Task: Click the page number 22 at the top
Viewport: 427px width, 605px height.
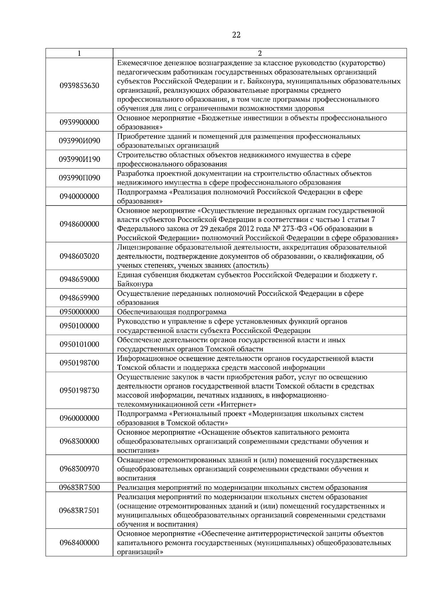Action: pos(236,35)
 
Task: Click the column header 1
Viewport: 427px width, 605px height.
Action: pos(79,53)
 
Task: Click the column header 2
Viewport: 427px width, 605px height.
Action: pos(260,53)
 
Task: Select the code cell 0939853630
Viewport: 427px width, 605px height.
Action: pos(79,86)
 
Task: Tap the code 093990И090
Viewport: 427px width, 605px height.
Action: pos(79,141)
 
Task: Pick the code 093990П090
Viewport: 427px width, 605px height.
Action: pos(79,178)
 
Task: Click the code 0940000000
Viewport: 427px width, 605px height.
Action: pos(79,197)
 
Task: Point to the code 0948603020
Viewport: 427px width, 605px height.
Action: pos(79,257)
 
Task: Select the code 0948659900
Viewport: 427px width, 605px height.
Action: pos(79,298)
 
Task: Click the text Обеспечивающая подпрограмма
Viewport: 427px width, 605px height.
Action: pos(172,312)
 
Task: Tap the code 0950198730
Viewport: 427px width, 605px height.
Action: pos(79,391)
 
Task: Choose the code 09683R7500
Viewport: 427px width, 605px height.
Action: pos(79,487)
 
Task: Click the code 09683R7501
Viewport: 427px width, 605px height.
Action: pos(79,511)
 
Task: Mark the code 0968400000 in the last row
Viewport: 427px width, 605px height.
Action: pos(79,543)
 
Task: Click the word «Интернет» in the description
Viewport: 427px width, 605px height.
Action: pos(237,405)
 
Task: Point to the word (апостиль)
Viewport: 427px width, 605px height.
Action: pos(251,266)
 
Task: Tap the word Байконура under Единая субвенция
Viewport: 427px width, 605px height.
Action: pos(135,284)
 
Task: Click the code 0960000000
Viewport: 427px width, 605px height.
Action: pos(79,418)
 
